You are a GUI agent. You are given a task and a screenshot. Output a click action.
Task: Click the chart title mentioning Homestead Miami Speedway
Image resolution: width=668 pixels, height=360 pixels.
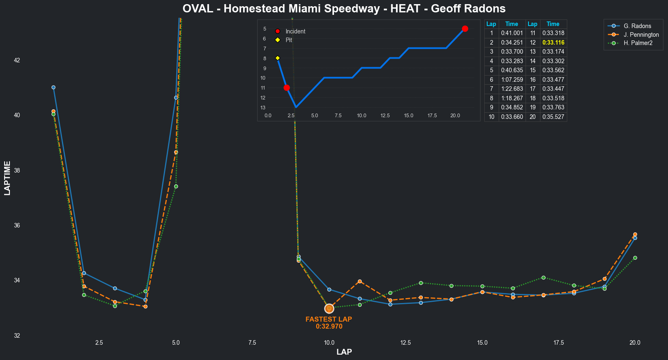344,9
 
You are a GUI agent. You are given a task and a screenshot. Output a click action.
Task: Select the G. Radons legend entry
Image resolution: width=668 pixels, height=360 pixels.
637,26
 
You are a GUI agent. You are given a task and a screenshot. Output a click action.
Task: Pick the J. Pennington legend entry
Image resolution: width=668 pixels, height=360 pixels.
641,35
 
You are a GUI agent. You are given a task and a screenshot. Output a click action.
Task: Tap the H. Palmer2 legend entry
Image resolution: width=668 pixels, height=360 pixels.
638,43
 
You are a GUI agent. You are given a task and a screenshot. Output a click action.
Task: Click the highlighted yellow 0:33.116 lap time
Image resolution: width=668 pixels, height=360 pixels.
553,43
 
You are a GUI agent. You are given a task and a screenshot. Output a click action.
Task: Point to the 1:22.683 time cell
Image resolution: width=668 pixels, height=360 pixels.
512,89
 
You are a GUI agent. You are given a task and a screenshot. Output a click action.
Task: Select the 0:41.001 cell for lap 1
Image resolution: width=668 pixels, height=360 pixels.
512,33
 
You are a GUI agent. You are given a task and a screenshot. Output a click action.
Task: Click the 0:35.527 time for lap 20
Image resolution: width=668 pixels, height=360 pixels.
553,117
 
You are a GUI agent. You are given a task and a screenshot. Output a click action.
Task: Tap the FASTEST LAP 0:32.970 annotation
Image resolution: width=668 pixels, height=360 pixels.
329,323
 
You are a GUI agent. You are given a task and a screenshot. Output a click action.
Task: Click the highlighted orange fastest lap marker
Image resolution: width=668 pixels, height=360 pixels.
329,308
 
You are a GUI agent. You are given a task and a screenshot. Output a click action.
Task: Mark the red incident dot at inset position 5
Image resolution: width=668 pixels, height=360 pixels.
465,28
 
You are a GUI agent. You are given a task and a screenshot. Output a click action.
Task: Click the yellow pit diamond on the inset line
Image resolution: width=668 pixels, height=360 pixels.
277,58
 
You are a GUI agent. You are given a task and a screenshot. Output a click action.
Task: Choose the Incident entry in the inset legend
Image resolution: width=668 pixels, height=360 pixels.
295,31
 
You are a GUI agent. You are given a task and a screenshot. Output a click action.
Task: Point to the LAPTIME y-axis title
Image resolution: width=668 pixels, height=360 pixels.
7,178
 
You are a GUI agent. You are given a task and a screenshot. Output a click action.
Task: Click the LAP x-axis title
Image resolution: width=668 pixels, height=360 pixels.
344,352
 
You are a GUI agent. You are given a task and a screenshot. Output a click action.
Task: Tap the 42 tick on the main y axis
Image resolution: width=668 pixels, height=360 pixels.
17,60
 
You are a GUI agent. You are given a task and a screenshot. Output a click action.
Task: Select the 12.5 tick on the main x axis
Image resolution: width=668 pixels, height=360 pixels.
405,343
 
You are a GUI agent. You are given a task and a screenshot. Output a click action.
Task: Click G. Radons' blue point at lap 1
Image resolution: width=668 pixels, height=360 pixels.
53,88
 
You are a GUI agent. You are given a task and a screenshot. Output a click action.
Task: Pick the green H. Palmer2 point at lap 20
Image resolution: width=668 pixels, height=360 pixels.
635,258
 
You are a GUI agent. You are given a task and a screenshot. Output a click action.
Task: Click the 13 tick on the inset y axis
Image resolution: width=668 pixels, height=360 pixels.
263,108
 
